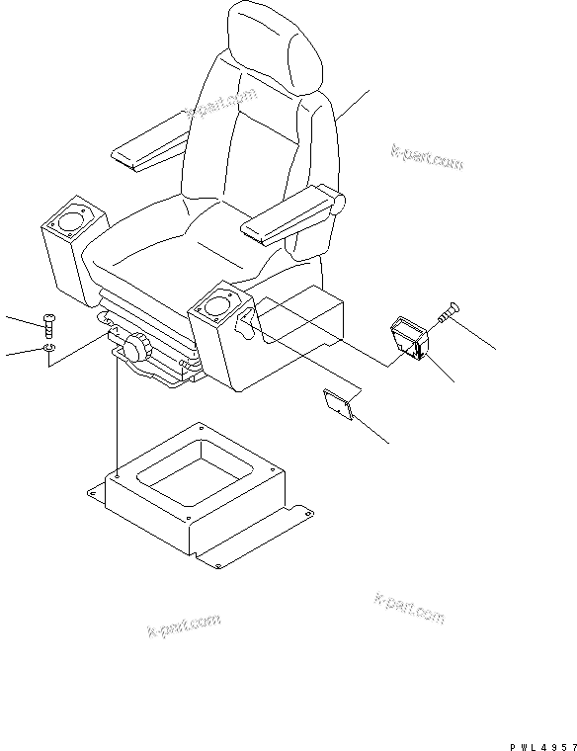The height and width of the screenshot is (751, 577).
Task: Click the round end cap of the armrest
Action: click(x=338, y=203)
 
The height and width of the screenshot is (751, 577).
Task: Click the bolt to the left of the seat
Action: click(x=48, y=324)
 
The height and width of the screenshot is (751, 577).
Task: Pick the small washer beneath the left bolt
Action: click(x=49, y=349)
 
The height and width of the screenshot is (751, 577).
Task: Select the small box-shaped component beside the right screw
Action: click(x=408, y=339)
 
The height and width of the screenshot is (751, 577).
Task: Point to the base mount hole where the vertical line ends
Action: click(x=118, y=476)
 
